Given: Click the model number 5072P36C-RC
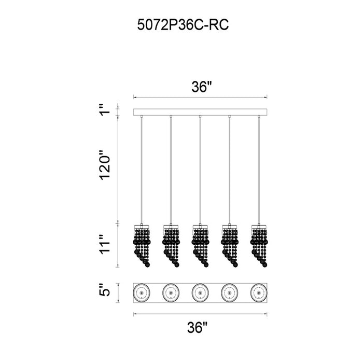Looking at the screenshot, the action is coord(183,25).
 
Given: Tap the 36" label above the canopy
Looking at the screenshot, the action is coord(202,87).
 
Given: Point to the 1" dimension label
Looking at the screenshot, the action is coord(105,109).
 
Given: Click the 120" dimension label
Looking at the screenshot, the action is coord(105,164).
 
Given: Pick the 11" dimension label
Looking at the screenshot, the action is coord(105,245).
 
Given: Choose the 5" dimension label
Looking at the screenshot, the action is coord(105,289).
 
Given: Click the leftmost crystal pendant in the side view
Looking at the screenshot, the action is coord(142,245).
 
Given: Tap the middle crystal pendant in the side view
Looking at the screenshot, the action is coord(200,245).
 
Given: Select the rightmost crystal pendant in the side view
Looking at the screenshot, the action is coord(259,245).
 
